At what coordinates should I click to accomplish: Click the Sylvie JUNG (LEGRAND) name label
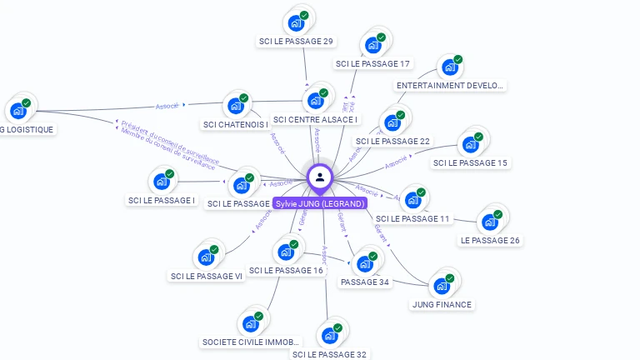click(x=320, y=203)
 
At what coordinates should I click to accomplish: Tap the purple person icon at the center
click(x=320, y=177)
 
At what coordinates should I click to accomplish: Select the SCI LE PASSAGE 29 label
click(x=296, y=42)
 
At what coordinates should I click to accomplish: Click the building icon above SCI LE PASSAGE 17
click(x=372, y=46)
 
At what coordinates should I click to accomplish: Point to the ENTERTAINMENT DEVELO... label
click(x=451, y=85)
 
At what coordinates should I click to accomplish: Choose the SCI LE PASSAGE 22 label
click(x=392, y=141)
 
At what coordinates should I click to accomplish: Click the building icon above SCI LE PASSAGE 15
click(x=471, y=145)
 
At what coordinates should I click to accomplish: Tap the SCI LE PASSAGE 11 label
click(x=412, y=218)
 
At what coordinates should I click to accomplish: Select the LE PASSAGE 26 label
click(x=490, y=240)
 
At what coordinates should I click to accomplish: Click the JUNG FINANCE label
click(x=442, y=304)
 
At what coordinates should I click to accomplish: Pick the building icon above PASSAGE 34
click(x=364, y=264)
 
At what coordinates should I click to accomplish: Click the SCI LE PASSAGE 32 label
click(x=329, y=354)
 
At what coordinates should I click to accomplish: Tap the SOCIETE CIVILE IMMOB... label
click(x=251, y=342)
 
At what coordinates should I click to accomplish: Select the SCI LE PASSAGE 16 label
click(x=286, y=270)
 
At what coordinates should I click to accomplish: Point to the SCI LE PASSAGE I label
click(x=162, y=200)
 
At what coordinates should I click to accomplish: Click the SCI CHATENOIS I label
click(x=236, y=125)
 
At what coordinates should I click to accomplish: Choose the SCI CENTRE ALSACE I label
click(x=316, y=120)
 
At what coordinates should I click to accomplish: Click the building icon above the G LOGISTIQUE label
click(x=18, y=110)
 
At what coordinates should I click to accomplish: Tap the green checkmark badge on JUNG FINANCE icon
click(x=450, y=278)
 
